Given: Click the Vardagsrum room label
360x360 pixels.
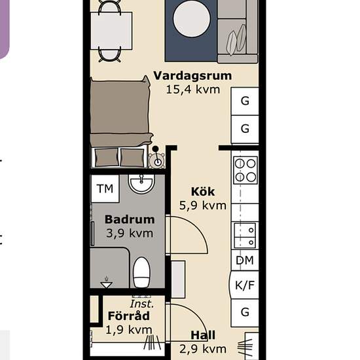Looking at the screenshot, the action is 192,77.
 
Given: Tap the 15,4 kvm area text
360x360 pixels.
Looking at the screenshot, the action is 193,90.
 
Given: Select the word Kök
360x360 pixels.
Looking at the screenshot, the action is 203,192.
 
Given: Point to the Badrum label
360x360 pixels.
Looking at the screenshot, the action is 130,219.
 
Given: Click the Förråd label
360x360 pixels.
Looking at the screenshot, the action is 129,315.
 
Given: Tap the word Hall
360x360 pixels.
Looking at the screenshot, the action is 203,335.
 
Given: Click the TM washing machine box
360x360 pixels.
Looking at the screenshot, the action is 105,189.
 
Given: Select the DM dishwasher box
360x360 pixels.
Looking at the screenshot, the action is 245,261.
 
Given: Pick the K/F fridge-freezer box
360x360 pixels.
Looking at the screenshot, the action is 245,285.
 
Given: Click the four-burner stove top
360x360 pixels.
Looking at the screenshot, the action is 245,170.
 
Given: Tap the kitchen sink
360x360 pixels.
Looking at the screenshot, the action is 245,236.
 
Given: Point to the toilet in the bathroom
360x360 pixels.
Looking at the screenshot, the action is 141,272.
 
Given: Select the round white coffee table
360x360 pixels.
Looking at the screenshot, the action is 192,18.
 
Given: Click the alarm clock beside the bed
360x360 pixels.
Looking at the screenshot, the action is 156,158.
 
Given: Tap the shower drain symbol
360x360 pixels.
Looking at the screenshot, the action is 106,283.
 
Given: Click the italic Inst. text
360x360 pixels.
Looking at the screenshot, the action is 141,304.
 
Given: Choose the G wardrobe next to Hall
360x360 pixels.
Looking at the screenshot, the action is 245,313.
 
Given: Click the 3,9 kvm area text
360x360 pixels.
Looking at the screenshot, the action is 130,234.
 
